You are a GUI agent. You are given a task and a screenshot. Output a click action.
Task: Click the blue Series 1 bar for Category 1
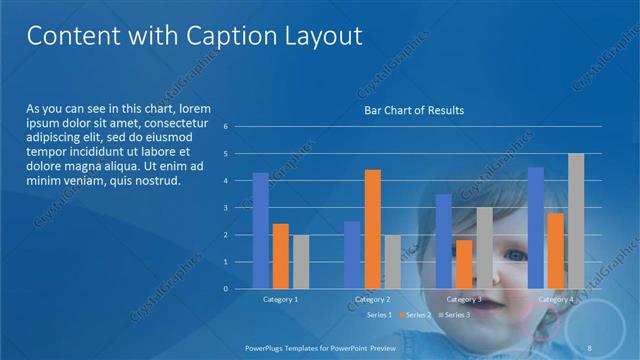pyautogui.click(x=261, y=231)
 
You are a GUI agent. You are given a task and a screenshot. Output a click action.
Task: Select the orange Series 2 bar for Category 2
pyautogui.click(x=372, y=229)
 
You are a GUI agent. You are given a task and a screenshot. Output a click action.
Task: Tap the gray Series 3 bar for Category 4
pyautogui.click(x=576, y=221)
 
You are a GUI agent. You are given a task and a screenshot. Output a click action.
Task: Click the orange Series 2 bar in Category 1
pyautogui.click(x=281, y=256)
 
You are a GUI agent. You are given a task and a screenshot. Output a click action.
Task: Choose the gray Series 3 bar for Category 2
pyautogui.click(x=392, y=262)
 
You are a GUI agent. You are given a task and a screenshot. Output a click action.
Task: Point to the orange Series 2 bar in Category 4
pyautogui.click(x=556, y=251)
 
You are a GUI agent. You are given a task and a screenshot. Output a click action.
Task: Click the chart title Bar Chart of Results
pyautogui.click(x=413, y=110)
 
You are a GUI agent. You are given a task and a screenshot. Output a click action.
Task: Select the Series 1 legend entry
pyautogui.click(x=379, y=315)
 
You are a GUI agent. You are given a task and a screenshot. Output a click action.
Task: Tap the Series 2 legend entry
pyautogui.click(x=414, y=315)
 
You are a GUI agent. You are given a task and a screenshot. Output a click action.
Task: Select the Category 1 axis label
pyautogui.click(x=281, y=299)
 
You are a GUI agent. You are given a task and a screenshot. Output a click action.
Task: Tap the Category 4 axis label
pyautogui.click(x=556, y=299)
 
